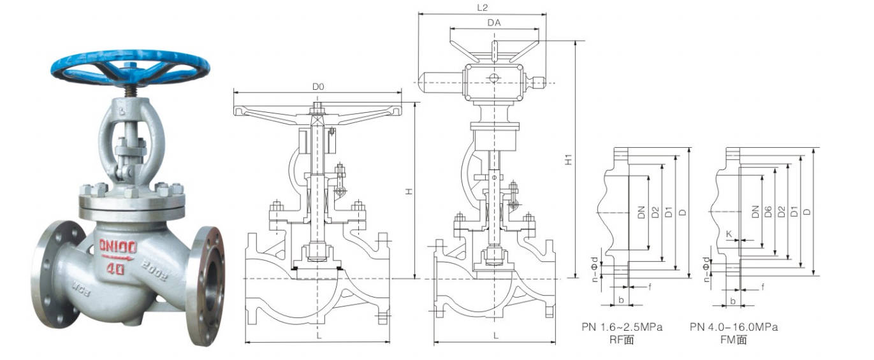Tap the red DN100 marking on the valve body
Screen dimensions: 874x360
117,247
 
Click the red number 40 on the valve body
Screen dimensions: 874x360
115,269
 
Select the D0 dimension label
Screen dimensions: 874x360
318,87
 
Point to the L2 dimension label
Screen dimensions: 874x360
482,8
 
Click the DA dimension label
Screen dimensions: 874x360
494,23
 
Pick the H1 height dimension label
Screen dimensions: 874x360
569,159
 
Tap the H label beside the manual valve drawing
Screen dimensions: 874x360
409,192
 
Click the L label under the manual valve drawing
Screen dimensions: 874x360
319,335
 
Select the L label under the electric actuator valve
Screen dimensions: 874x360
495,335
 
